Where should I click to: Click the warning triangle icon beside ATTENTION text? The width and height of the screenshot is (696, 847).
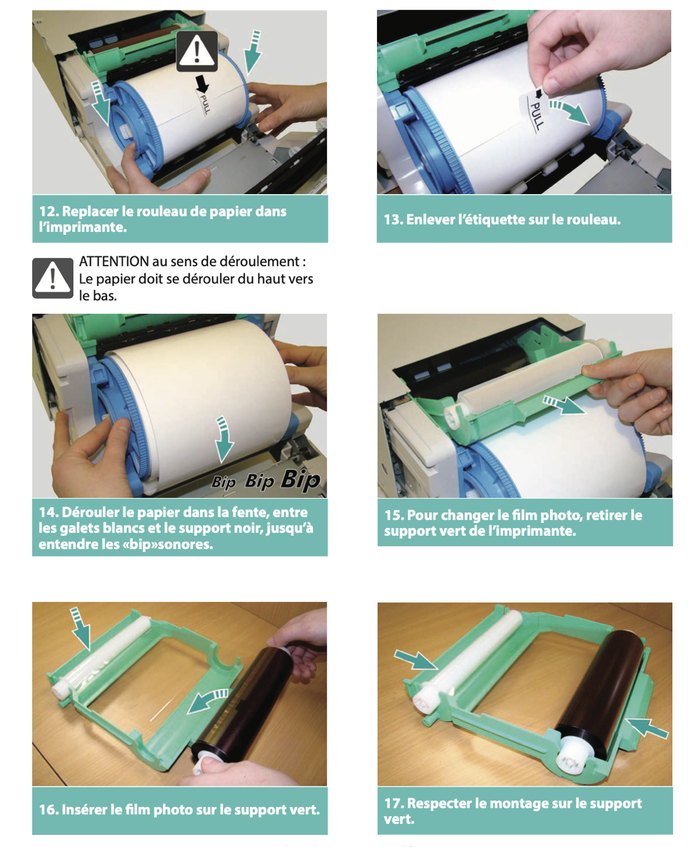click(53, 278)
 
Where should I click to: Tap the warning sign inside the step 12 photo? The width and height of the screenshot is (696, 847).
click(196, 52)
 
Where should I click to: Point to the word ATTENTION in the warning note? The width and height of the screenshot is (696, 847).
click(114, 262)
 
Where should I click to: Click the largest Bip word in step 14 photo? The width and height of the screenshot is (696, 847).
click(301, 479)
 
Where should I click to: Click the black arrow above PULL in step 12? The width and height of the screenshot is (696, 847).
click(202, 83)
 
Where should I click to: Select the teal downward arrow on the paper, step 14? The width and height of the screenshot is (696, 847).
click(224, 439)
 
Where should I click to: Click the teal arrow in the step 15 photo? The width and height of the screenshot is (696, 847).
click(564, 405)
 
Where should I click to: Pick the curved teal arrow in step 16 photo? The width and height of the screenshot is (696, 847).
click(208, 700)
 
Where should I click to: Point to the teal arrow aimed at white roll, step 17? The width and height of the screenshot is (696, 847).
click(416, 660)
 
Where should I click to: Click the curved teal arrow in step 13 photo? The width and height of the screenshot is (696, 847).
click(569, 112)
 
